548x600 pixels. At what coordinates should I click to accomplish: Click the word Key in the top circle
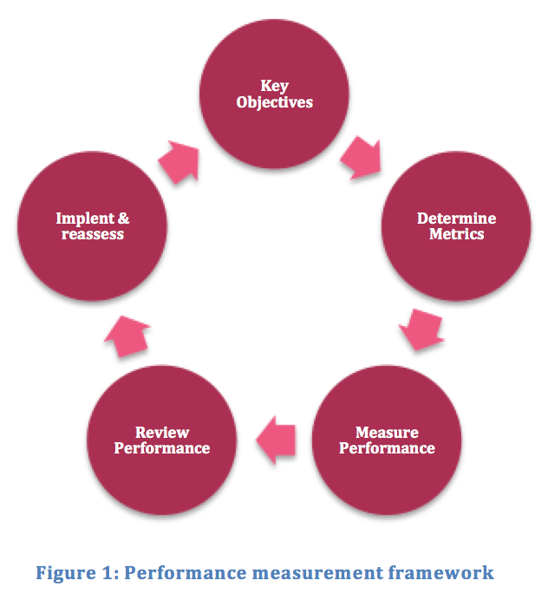coord(274,86)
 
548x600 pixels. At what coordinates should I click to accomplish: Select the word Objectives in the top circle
coord(274,102)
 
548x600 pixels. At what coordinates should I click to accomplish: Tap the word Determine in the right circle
coord(456,218)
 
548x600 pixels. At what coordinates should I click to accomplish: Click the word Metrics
coord(456,234)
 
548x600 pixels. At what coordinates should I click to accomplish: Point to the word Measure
coord(387,432)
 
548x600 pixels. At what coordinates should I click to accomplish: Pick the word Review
coord(162,432)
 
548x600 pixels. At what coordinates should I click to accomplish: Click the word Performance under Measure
coord(387,448)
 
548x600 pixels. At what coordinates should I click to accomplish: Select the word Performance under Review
coord(162,448)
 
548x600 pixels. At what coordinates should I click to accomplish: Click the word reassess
coord(92,234)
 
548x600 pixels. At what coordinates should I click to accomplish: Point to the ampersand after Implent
coord(122,218)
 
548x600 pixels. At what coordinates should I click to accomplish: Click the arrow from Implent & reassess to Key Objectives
coord(179,159)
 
